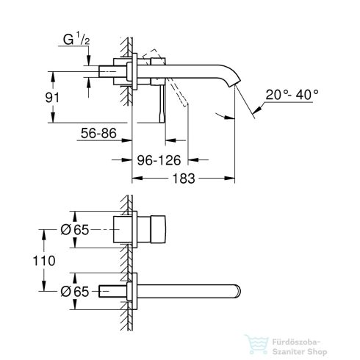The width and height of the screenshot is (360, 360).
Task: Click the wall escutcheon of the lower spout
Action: coord(130,290)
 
